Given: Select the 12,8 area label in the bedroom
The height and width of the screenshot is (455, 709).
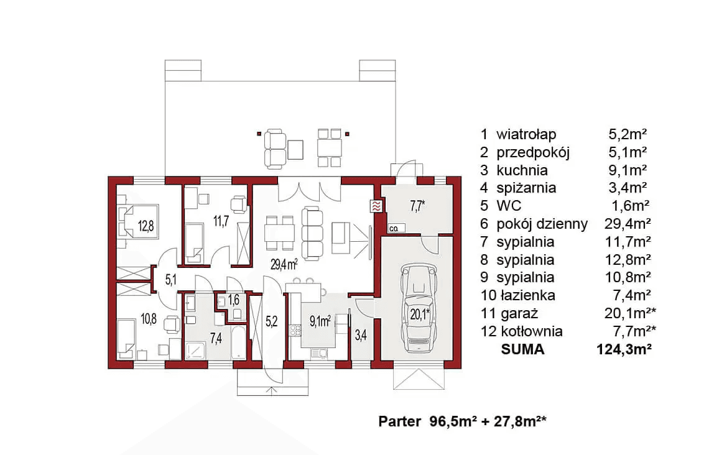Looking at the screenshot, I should [146, 226].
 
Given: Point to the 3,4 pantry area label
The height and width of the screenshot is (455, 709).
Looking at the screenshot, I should [361, 336].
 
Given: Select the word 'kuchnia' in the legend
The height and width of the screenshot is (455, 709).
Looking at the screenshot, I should [522, 170].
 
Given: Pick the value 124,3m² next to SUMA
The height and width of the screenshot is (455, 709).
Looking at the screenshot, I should [623, 349].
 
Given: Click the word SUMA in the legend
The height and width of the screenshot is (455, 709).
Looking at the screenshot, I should [522, 349].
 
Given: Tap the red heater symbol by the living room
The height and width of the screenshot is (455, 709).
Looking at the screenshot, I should [375, 206].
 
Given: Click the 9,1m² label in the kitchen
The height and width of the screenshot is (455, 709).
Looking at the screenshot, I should [320, 321].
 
